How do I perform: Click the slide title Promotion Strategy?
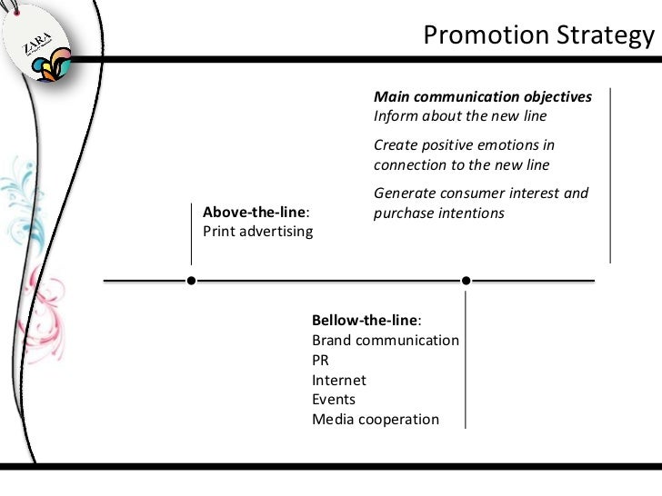coord(538,35)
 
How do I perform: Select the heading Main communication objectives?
coord(483,97)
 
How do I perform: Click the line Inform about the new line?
coord(460,116)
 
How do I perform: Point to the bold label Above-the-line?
coord(254,212)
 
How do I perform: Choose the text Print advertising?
coord(257,231)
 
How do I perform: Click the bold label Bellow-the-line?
coord(366,321)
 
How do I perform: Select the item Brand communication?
coord(385,340)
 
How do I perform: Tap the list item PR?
coord(321,360)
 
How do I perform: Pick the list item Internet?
coord(339,380)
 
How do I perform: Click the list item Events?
coord(334,400)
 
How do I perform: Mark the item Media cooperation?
coord(375,420)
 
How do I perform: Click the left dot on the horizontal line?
coord(190,280)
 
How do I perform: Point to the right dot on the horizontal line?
coord(466,280)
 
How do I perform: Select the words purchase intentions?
coord(438,213)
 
